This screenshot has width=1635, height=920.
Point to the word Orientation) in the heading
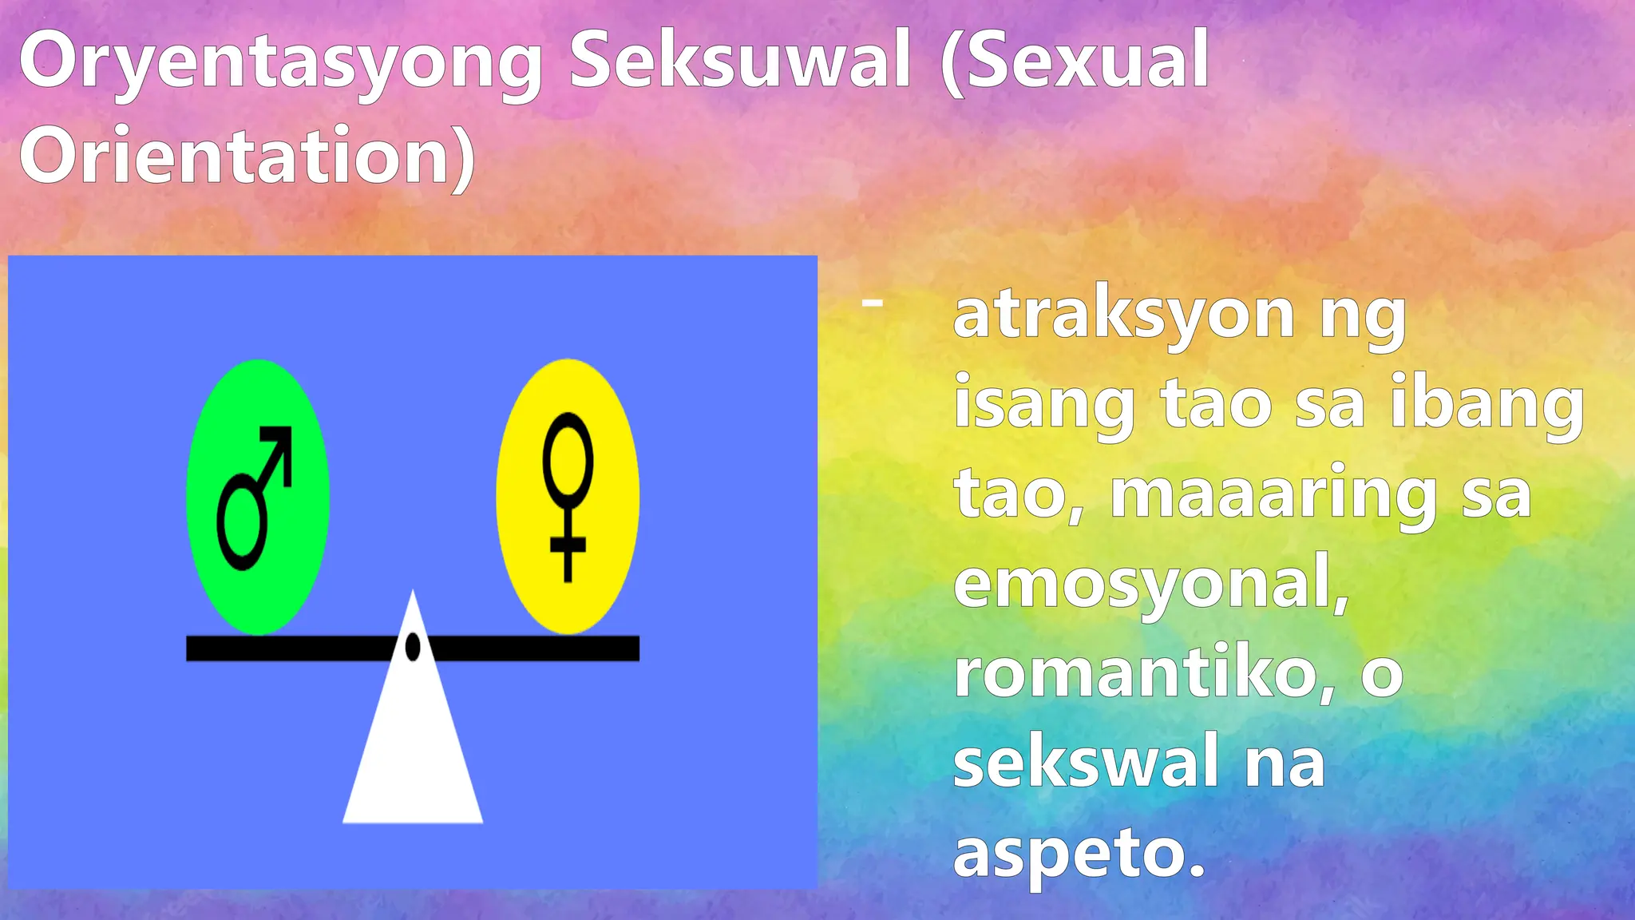point(247,156)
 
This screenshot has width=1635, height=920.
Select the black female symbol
point(568,495)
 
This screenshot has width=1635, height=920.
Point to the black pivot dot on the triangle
point(413,647)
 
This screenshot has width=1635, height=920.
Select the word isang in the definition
point(1044,406)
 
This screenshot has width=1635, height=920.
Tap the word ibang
point(1487,406)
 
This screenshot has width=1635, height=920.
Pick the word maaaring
point(1273,496)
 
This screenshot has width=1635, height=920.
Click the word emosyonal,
point(1150,585)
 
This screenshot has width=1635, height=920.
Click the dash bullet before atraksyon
point(873,302)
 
